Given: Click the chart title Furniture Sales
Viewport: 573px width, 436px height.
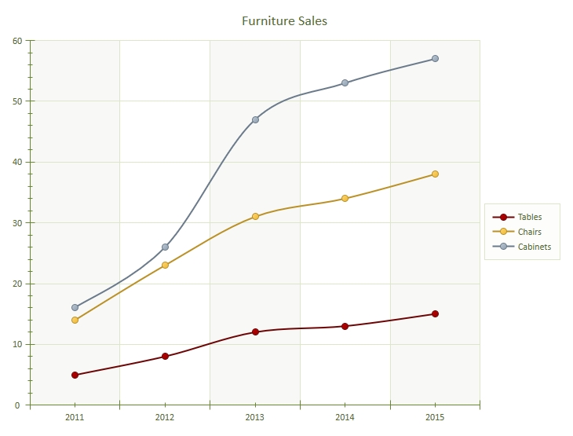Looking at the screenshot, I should (x=284, y=21).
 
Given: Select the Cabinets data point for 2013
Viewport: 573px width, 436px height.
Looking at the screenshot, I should (x=255, y=119).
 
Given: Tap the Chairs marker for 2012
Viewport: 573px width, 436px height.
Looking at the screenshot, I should (x=165, y=266).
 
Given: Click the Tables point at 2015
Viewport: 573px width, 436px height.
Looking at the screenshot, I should (x=435, y=314).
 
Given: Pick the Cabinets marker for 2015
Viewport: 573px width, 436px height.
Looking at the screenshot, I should (x=435, y=59).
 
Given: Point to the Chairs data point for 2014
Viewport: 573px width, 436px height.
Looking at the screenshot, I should (x=345, y=199).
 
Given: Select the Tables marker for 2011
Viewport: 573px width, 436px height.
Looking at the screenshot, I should (x=75, y=375).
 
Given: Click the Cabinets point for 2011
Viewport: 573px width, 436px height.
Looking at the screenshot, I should (x=75, y=308).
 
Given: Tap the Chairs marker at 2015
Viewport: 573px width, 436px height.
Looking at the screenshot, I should (x=435, y=174).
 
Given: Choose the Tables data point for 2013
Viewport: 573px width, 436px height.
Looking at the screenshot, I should (x=255, y=332).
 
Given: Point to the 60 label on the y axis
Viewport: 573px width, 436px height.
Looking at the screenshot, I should (x=16, y=41).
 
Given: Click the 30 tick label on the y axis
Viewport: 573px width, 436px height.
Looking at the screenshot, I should (x=16, y=223).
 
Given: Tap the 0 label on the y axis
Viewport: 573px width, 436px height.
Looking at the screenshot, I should (x=19, y=405).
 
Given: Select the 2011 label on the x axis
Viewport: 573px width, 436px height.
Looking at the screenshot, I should (x=75, y=417).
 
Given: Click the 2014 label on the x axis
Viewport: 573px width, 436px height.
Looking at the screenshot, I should (x=345, y=417).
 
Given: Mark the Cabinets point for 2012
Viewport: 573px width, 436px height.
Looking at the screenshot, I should (x=165, y=247).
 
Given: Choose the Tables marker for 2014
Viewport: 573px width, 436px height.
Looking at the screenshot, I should (x=345, y=326).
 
